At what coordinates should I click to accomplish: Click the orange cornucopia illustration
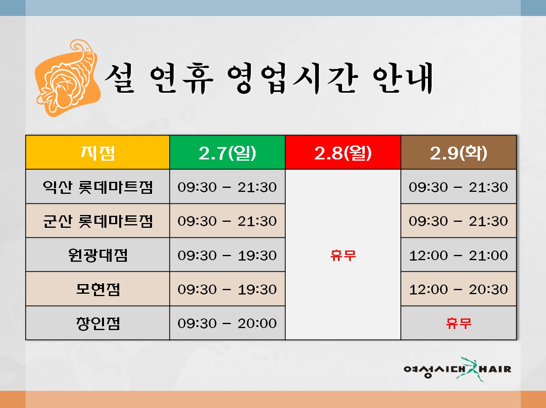[68, 78]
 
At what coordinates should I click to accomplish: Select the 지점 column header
[98, 153]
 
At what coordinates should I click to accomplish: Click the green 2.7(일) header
[227, 153]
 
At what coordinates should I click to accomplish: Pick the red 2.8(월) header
[343, 153]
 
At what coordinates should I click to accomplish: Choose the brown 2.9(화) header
[458, 153]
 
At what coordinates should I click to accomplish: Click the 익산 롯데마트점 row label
[98, 187]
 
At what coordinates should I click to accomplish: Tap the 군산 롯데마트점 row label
[98, 221]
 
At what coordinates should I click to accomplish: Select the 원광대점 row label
[98, 255]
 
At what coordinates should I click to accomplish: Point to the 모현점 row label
[98, 289]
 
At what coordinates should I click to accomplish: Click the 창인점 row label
[98, 323]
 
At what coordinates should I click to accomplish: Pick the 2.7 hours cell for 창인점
[227, 323]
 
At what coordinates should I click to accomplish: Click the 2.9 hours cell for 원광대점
[458, 255]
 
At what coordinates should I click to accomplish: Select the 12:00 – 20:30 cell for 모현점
[458, 289]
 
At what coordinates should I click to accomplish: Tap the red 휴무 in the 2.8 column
[343, 255]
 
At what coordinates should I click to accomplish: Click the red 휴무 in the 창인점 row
[458, 323]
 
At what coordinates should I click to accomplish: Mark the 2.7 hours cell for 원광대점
[227, 255]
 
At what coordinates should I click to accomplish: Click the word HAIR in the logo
[495, 369]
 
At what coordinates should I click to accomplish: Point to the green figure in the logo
[470, 370]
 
